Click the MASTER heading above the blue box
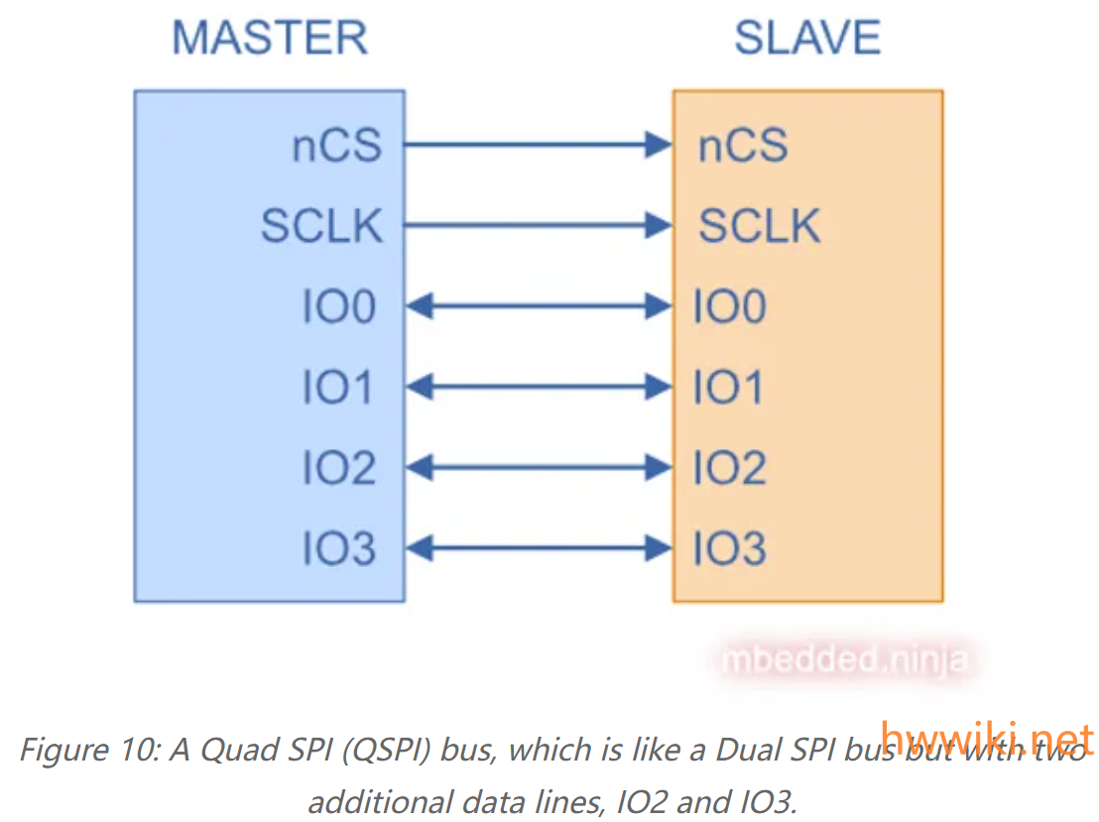click(x=270, y=38)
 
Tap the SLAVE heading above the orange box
click(x=806, y=38)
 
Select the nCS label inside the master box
click(x=337, y=146)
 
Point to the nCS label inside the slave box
click(x=743, y=146)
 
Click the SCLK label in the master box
click(x=321, y=226)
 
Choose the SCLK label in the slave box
click(x=760, y=226)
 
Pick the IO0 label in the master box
click(x=339, y=307)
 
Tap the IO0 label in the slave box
click(x=730, y=307)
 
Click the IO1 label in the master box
click(x=339, y=387)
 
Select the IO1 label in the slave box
click(x=729, y=387)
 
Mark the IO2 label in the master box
click(x=339, y=467)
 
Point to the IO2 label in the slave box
click(x=730, y=467)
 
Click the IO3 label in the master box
click(x=339, y=547)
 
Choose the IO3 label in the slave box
click(x=730, y=547)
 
